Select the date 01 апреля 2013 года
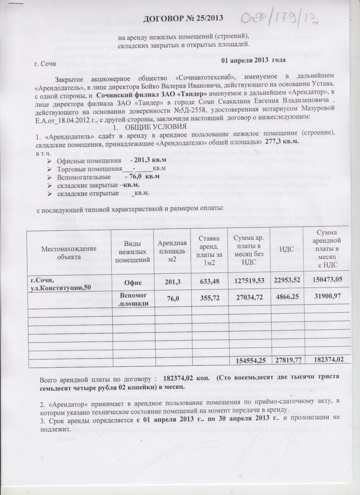[x=253, y=59]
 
